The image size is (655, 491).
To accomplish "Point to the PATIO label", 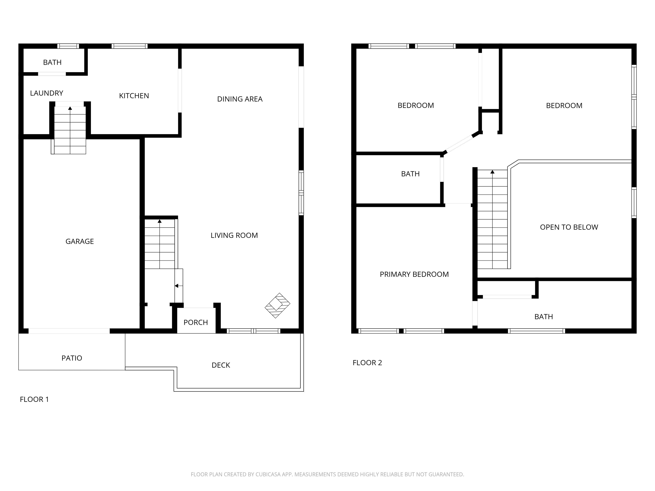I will coord(72,358).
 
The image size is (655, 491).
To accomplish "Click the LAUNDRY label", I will coord(46,93).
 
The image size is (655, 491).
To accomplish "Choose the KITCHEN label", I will coord(134,96).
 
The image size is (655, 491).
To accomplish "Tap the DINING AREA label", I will coord(240,99).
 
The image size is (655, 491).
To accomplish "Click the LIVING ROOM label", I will coord(234,235).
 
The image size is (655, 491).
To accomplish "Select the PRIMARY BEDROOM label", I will coord(414,274).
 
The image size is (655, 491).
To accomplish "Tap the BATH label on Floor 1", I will coord(52,62).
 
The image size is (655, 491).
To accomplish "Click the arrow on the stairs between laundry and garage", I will coord(70,108).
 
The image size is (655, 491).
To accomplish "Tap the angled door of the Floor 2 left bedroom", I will coord(459,144).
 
